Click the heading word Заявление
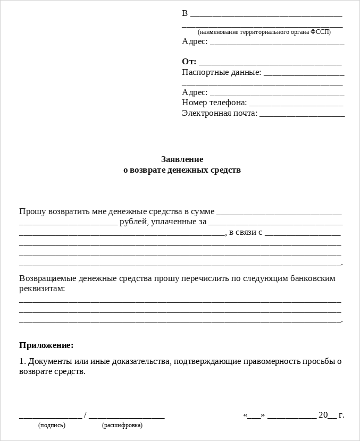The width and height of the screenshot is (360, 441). tap(182, 159)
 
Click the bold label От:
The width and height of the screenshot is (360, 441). tap(189, 61)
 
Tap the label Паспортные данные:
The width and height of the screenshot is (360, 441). tap(221, 72)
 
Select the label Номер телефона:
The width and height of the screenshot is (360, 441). tap(214, 102)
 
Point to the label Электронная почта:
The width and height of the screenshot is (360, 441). tap(220, 113)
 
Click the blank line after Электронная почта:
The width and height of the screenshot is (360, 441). tap(302, 115)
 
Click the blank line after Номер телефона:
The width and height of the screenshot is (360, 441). tap(296, 104)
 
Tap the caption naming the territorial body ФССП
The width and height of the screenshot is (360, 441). tap(264, 32)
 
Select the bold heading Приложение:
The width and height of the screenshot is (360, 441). tap(46, 345)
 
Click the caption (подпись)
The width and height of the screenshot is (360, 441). tap(52, 425)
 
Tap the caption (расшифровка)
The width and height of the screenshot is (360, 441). tap(122, 425)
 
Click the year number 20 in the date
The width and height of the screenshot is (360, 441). tap(323, 414)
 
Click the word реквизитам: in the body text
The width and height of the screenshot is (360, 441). tap(42, 288)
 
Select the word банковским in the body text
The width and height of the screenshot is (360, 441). tap(311, 278)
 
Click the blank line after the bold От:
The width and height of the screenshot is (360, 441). tap(270, 63)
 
